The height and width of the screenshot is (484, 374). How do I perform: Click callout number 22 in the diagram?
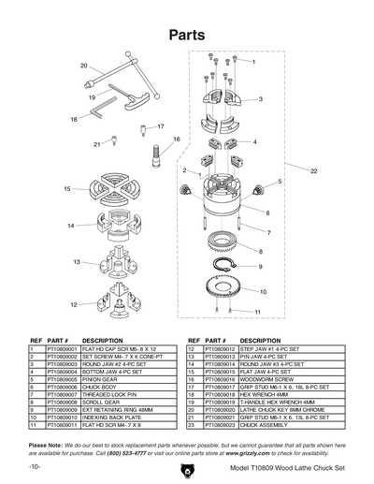[x=314, y=171]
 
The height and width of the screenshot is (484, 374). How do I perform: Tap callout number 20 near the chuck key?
[x=84, y=66]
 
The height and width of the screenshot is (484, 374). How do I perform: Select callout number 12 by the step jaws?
[x=74, y=304]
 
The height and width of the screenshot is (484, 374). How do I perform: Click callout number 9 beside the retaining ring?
[x=260, y=267]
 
